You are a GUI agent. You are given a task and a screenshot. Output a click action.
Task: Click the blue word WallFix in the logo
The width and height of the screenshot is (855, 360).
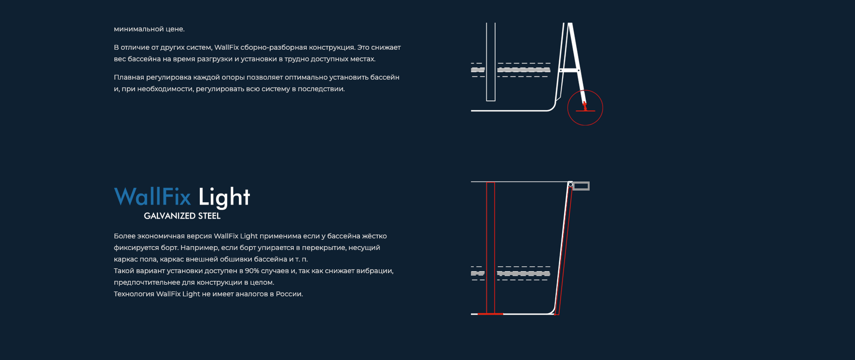tap(152, 196)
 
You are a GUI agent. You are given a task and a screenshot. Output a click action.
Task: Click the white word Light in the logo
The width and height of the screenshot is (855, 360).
tap(224, 197)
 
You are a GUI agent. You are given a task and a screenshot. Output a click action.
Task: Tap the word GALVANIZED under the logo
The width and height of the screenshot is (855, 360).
tap(163, 216)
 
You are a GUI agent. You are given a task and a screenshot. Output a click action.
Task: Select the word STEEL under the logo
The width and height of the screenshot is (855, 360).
tap(203, 216)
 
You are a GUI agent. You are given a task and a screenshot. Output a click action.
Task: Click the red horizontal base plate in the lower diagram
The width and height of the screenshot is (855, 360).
tap(490, 314)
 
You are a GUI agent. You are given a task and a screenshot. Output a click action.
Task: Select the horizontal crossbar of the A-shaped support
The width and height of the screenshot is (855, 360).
tap(569, 70)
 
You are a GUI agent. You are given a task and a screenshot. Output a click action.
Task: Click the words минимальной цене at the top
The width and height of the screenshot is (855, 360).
tap(149, 29)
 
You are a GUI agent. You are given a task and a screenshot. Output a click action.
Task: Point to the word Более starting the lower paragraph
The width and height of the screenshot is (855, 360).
tap(124, 236)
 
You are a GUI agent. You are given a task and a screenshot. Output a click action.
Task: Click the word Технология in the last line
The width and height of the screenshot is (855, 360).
tap(134, 294)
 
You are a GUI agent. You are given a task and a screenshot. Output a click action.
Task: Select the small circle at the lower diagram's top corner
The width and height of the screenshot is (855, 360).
tap(571, 184)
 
